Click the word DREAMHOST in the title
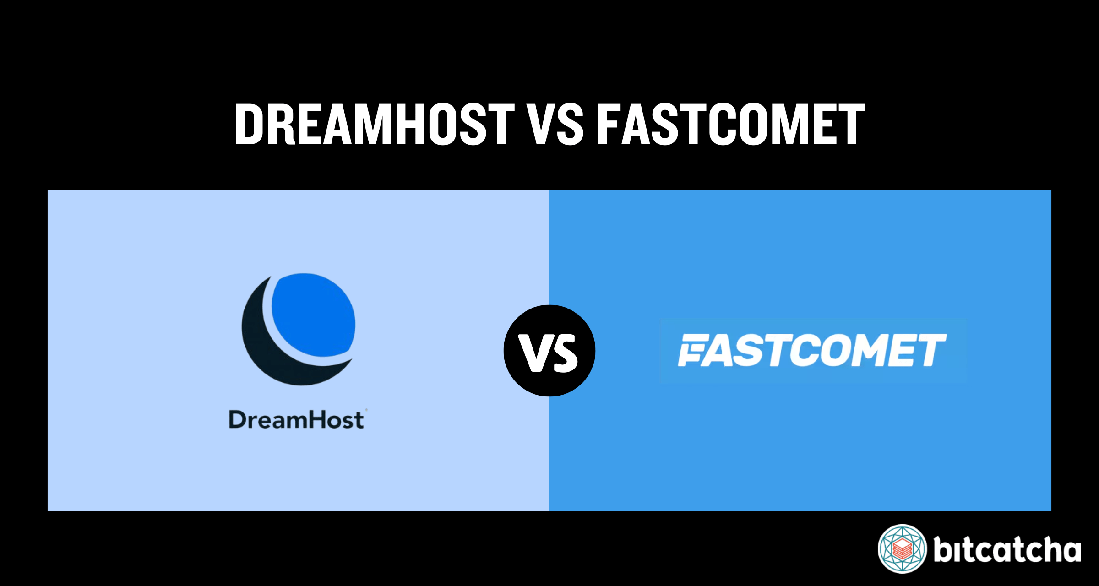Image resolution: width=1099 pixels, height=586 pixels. pyautogui.click(x=375, y=124)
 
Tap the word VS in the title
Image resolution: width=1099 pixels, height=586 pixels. pyautogui.click(x=555, y=124)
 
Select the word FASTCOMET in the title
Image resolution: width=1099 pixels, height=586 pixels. pyautogui.click(x=731, y=124)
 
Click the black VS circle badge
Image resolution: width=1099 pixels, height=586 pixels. pyautogui.click(x=549, y=351)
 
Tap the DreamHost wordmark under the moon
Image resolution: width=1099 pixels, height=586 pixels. pyautogui.click(x=297, y=419)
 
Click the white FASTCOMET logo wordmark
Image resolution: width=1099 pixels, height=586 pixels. pyautogui.click(x=812, y=350)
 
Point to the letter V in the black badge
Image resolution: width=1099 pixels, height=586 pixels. pyautogui.click(x=534, y=353)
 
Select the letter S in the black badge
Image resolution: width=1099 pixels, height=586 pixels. pyautogui.click(x=564, y=353)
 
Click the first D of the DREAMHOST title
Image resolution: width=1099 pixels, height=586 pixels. pyautogui.click(x=250, y=124)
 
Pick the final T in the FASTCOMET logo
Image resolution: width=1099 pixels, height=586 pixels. pyautogui.click(x=931, y=350)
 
